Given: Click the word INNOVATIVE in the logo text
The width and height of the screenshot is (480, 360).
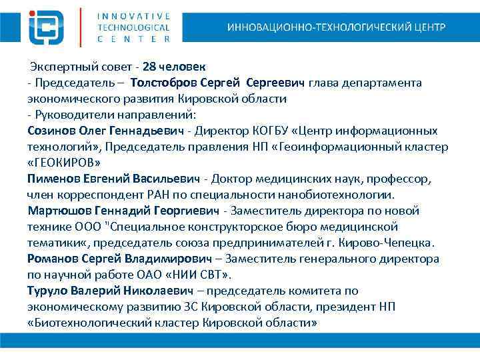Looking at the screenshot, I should pyautogui.click(x=133, y=15).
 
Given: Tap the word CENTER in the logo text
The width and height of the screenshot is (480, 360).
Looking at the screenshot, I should pyautogui.click(x=133, y=39).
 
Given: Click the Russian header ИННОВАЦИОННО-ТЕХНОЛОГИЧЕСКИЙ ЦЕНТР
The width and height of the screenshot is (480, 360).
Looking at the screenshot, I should pyautogui.click(x=336, y=27).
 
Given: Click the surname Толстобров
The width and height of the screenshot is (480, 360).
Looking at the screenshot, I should pyautogui.click(x=163, y=83).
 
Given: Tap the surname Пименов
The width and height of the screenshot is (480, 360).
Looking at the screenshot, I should pyautogui.click(x=53, y=179).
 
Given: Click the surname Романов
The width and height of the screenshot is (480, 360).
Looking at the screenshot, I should pyautogui.click(x=54, y=259).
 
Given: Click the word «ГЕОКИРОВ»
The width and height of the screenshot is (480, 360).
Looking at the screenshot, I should pyautogui.click(x=65, y=163).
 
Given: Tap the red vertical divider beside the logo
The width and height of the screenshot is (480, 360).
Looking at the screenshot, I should pyautogui.click(x=81, y=27).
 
